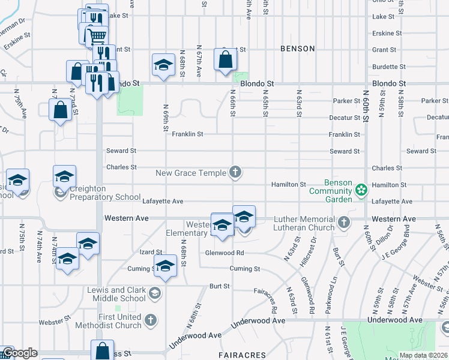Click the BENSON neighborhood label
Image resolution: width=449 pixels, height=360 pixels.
[297, 48]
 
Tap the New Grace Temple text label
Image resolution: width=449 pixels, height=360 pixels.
[191, 173]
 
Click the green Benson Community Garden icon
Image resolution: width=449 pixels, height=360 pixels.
[361, 191]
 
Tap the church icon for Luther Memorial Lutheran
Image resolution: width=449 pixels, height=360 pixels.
[344, 223]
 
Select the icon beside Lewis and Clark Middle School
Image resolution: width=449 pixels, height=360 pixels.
[155, 293]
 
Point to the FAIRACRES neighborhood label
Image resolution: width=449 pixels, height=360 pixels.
[242, 355]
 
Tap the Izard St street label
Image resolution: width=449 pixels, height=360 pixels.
[151, 253]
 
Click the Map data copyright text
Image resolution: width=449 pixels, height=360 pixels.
[423, 355]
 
